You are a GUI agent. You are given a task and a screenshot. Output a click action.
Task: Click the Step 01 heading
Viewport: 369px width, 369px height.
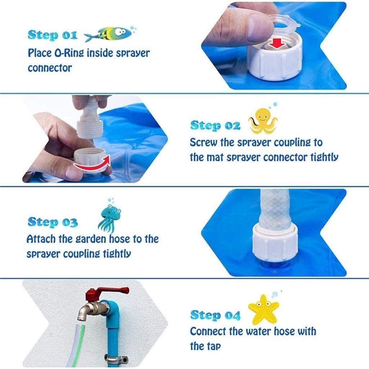pos(52,35)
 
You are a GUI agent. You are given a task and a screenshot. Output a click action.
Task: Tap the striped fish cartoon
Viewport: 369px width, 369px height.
pos(108,34)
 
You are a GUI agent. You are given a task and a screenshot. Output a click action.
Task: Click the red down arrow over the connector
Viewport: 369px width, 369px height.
pos(278,43)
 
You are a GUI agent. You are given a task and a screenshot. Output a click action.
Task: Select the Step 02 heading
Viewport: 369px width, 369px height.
pos(215,125)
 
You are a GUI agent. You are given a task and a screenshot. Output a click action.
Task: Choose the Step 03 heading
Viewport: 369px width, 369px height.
pos(52,222)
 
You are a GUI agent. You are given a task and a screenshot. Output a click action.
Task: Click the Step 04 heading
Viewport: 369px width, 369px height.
pos(215,315)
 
